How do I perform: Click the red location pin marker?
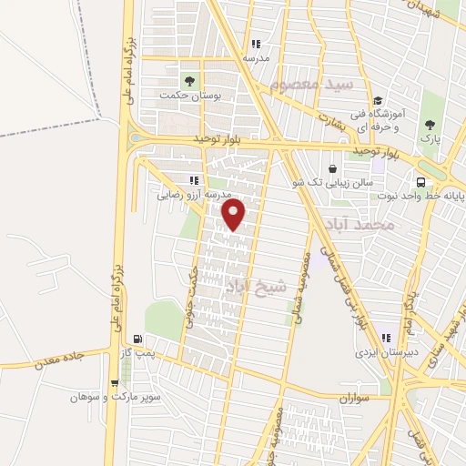point(234,215)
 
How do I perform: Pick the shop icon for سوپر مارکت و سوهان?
point(114,383)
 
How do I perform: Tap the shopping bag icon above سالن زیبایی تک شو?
point(332,168)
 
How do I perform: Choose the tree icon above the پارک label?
point(430,125)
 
